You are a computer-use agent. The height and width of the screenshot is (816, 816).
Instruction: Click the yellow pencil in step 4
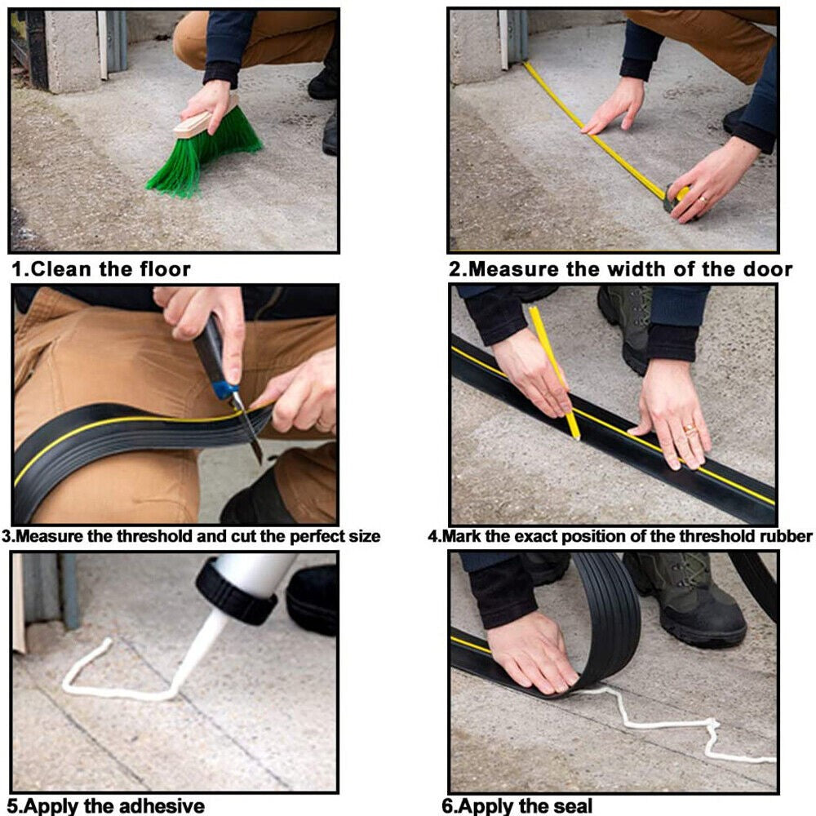(554, 373)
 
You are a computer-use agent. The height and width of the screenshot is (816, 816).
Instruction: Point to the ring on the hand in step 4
(690, 429)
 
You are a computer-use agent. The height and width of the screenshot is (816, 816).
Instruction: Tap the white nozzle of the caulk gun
(201, 650)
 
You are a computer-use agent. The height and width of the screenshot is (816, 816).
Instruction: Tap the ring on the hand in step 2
(703, 199)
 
